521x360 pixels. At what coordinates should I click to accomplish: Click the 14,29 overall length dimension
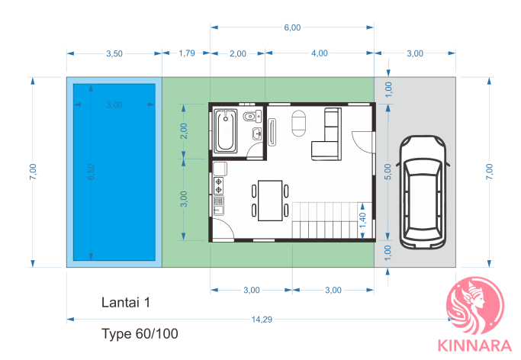262,320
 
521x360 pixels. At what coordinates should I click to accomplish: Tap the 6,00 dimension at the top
292,27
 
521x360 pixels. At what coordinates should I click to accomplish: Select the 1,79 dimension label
187,53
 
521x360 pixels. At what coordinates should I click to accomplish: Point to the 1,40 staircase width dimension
362,220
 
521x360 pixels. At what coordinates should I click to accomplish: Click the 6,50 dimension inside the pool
91,172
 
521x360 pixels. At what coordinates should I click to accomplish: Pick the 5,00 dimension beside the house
388,172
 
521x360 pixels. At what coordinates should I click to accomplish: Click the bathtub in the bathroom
226,130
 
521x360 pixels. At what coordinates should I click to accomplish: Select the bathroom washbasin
257,133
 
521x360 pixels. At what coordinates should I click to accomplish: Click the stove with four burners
219,185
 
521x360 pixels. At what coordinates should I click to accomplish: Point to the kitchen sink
219,206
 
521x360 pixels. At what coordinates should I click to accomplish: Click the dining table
270,201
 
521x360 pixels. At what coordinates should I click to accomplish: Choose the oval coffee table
299,124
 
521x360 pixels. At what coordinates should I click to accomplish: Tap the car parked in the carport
423,192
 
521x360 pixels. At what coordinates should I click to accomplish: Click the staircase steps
332,220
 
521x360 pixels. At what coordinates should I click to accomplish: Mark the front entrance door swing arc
357,144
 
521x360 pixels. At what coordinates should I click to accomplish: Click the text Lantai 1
126,303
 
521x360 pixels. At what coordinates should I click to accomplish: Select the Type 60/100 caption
140,334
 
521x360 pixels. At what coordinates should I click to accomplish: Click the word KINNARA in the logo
474,346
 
